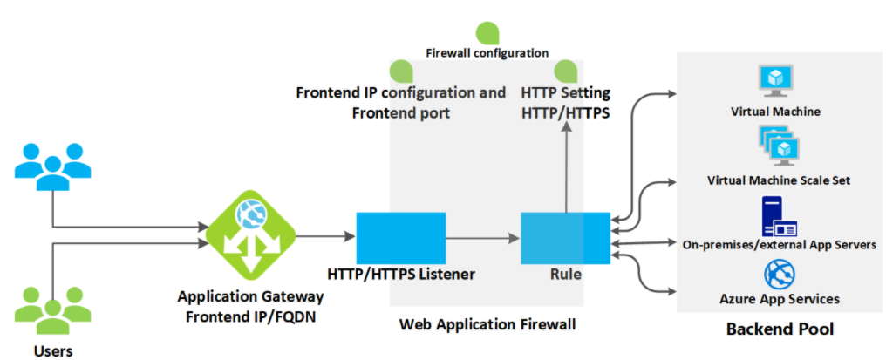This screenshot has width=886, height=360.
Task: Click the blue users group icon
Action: coord(53,165)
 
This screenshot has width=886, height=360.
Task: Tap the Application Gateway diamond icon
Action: coord(251,235)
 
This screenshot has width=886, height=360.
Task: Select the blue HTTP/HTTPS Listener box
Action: coord(401,238)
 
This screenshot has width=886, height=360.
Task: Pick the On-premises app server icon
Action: coord(776,216)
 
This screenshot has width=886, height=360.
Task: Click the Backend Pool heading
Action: coord(780,329)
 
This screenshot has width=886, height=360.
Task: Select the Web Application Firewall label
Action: coord(487,324)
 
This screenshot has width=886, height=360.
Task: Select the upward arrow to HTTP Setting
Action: coord(566,166)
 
